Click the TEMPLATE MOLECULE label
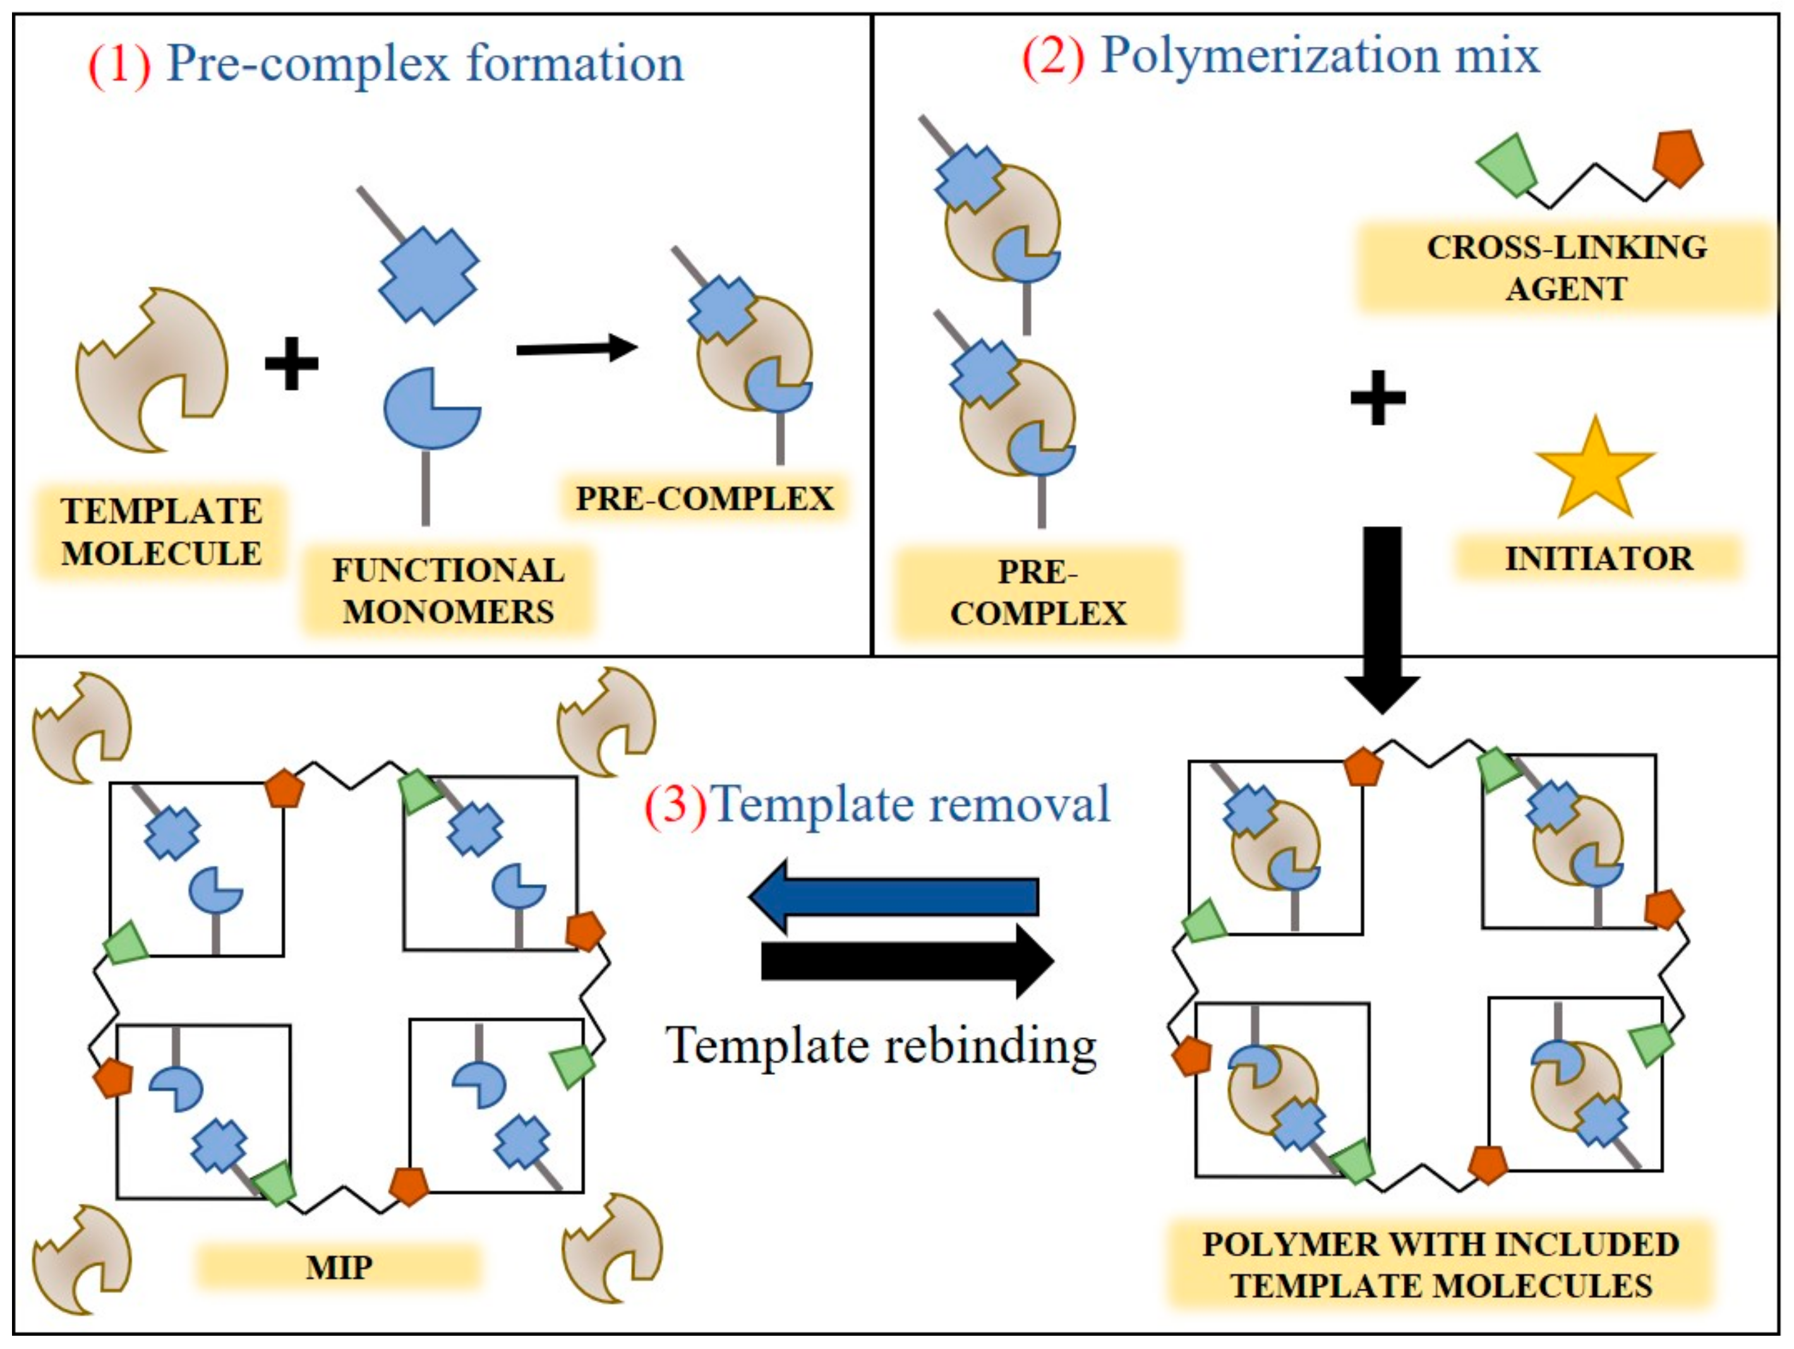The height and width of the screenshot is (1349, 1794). coord(161,532)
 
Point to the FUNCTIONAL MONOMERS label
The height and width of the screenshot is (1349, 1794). coord(448,591)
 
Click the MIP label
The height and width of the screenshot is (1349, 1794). coord(339,1267)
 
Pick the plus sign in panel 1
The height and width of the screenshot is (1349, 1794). coord(291,363)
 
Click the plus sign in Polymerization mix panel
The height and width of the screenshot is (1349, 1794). coord(1377,397)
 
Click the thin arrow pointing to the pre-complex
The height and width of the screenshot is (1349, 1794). coord(577,349)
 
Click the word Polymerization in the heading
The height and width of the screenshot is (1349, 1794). coord(1269,57)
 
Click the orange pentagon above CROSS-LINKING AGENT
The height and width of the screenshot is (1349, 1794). coord(1678,158)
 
